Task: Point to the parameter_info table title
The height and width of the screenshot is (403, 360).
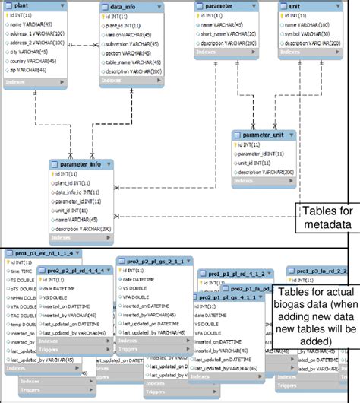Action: [80, 163]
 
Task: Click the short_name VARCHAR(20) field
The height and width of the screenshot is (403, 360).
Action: [232, 33]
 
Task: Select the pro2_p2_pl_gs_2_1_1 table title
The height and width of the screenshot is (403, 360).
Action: [152, 260]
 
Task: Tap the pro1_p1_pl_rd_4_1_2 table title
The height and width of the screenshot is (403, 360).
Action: [235, 272]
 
